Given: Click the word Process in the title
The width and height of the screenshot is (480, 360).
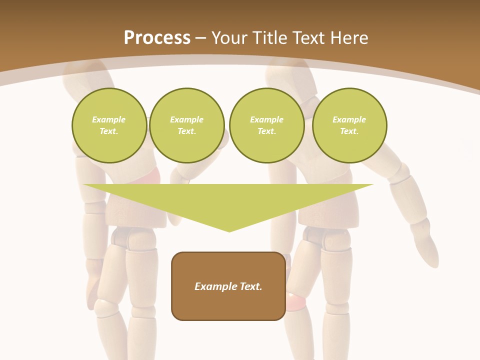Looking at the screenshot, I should [x=157, y=38].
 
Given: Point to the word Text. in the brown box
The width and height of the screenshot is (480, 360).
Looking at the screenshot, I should [x=249, y=286].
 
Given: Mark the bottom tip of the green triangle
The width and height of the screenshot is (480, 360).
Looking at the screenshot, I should [x=229, y=231].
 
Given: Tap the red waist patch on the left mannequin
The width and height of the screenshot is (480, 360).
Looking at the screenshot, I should [x=152, y=176].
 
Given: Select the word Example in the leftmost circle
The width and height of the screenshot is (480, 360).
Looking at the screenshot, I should [x=109, y=119].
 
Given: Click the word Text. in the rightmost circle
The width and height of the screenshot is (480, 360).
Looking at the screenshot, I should [x=349, y=131].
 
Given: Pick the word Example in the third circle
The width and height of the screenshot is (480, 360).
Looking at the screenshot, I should [x=266, y=119].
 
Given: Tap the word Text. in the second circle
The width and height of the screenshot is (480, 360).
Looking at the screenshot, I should [x=187, y=131].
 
